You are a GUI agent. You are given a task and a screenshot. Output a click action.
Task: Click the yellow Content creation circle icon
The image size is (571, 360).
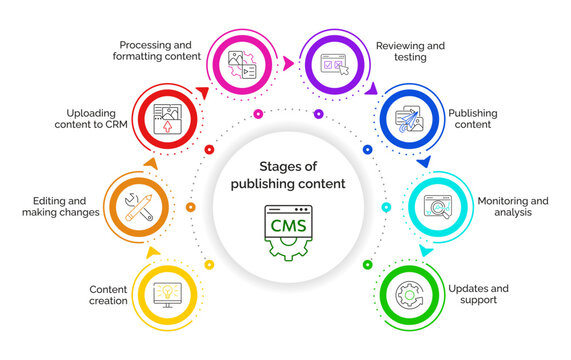(x=168, y=294)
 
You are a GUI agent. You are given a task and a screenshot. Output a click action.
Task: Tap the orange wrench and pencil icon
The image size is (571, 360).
(x=139, y=207)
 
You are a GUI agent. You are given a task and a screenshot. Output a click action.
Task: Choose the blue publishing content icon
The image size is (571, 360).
(x=410, y=120)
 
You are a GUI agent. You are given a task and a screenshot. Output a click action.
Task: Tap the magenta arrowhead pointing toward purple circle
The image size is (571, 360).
(x=289, y=63)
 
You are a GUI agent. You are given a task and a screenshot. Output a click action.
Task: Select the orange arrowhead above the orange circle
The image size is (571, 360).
(x=150, y=162)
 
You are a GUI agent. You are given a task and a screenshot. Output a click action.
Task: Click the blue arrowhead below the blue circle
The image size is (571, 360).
(x=424, y=161)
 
